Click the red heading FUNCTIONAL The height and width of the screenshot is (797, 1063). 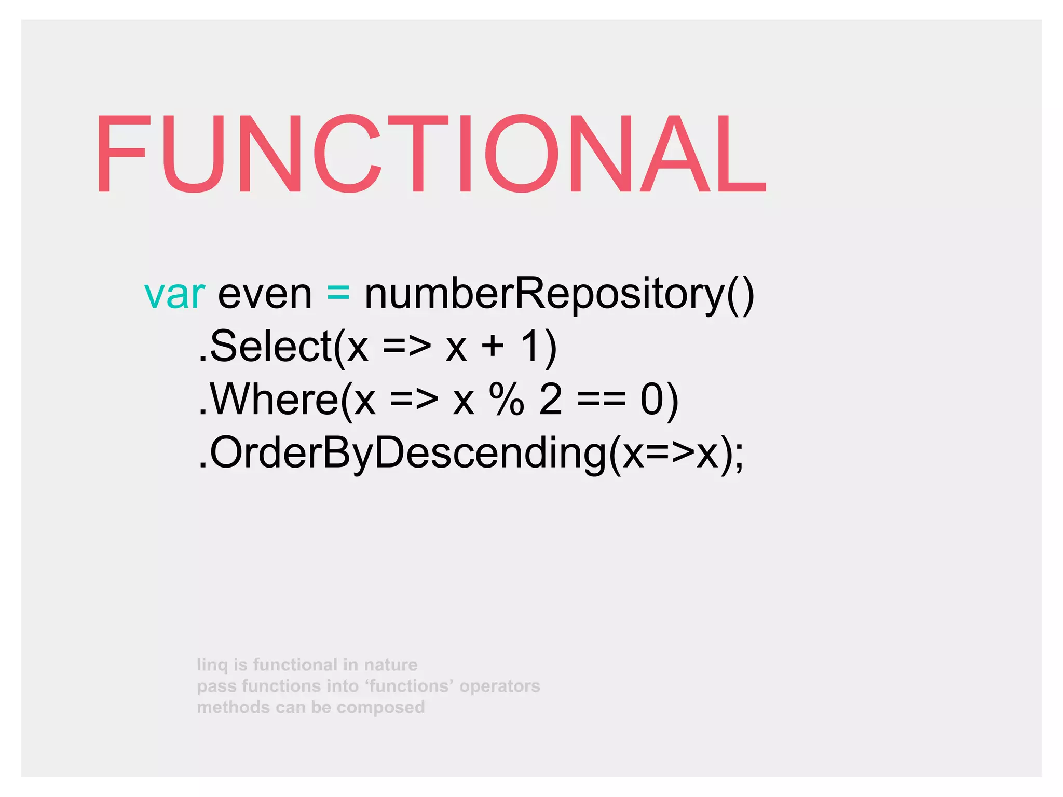(430, 154)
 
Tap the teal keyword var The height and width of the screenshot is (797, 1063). (174, 294)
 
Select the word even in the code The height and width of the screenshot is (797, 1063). (265, 294)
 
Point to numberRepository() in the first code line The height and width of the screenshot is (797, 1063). (559, 294)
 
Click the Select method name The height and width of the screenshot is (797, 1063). (270, 347)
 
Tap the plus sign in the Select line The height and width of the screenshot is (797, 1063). (493, 346)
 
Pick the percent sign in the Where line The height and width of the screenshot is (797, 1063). (506, 400)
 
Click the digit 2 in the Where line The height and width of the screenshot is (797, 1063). (551, 400)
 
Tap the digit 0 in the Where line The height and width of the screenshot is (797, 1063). (652, 400)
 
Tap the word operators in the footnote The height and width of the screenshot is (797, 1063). (499, 686)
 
